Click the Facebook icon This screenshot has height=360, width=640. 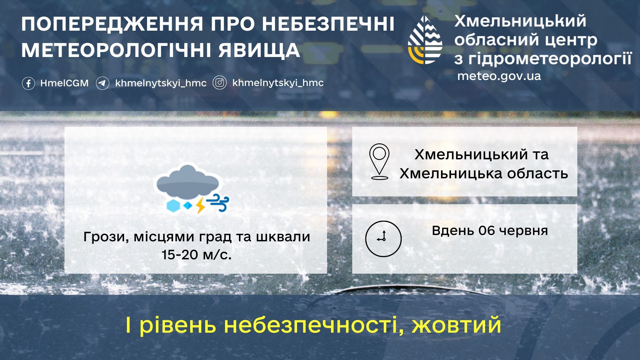tap(28, 83)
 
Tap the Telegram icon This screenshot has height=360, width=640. tap(102, 83)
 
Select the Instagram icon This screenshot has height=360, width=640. tap(220, 83)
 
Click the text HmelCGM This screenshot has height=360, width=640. tap(64, 83)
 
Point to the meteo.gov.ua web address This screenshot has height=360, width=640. tap(499, 76)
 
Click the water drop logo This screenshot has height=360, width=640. tap(425, 40)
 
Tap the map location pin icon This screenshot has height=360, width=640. tap(379, 162)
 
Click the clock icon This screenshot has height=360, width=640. tap(383, 239)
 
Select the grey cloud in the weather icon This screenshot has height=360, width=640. tap(188, 181)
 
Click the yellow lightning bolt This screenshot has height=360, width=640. tap(200, 205)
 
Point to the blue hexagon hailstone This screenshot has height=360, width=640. tap(173, 206)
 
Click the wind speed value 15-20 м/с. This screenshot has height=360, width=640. tap(197, 255)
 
